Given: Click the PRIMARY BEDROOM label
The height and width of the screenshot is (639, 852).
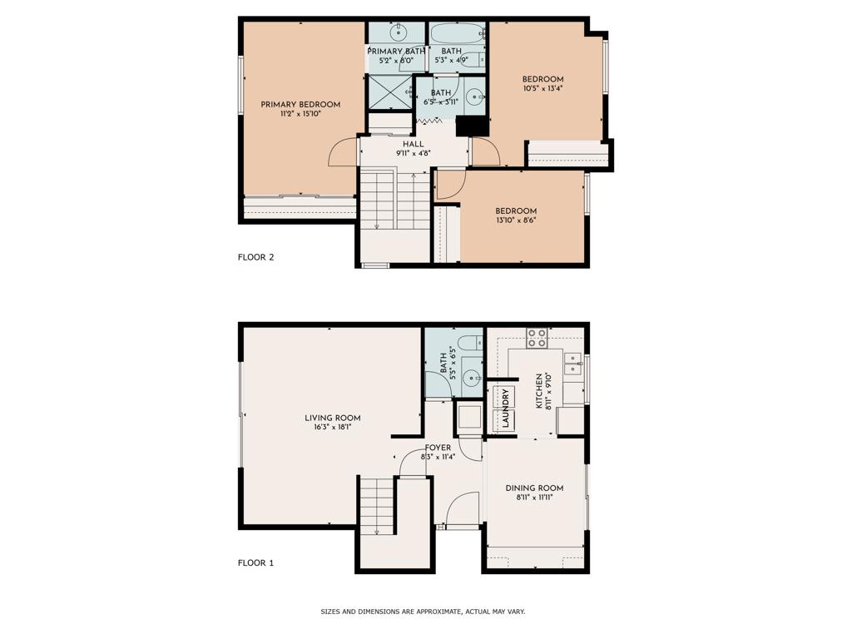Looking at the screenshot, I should (x=300, y=105).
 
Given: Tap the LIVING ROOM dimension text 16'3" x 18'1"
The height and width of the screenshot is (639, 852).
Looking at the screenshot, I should (x=332, y=428).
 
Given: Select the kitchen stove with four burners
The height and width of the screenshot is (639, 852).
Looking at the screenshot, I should (x=537, y=338).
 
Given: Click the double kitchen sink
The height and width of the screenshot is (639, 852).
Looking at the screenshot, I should (x=573, y=364).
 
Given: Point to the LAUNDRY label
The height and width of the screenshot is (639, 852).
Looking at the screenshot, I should (x=505, y=409).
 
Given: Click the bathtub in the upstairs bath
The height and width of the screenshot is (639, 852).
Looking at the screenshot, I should (x=458, y=33).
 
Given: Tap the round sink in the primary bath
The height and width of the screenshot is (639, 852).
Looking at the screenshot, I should (x=397, y=33).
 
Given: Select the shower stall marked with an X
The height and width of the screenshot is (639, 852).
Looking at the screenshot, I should (x=389, y=92).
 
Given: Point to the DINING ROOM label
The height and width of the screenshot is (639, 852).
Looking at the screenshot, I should (x=534, y=488).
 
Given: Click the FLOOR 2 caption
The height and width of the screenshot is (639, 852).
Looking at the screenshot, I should (x=255, y=257).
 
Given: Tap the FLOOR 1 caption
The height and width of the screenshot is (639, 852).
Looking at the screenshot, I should (x=255, y=563).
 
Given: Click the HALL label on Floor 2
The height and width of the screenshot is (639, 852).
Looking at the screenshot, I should (x=414, y=144).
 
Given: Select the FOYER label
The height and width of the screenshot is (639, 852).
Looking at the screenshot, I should (x=438, y=448).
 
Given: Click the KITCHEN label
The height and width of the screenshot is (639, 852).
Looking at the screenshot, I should (x=539, y=391).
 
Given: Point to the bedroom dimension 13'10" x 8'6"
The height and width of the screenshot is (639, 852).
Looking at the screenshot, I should (x=516, y=220).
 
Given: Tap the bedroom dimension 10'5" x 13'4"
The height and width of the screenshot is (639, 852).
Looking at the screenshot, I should (x=543, y=89).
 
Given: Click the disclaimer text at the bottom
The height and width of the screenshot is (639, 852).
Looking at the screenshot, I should (x=423, y=612).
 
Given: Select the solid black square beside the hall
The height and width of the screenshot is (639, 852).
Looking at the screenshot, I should (x=473, y=126).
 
